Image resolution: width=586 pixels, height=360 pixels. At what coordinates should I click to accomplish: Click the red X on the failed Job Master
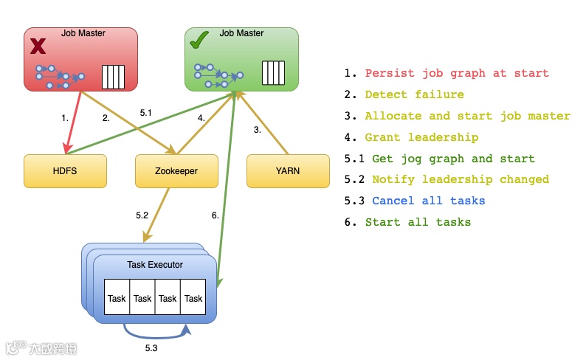(x=37, y=46)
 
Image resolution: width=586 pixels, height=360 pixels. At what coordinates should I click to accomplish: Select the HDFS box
(x=65, y=170)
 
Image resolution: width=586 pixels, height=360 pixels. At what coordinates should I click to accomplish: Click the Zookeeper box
(x=176, y=170)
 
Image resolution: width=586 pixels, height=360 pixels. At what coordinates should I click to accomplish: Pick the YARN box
(x=287, y=170)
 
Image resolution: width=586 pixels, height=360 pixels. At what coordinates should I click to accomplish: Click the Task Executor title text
(x=155, y=264)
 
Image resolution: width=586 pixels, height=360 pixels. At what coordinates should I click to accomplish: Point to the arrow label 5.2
(x=142, y=215)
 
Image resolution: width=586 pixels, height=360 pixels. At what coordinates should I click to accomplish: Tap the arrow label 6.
(x=215, y=215)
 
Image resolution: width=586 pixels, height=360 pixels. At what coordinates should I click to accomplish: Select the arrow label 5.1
(x=145, y=113)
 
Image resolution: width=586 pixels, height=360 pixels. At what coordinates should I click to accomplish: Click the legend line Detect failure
(x=414, y=94)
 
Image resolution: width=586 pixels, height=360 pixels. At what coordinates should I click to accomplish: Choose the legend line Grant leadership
(x=421, y=137)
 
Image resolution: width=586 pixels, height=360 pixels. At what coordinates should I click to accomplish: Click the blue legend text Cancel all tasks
(x=428, y=201)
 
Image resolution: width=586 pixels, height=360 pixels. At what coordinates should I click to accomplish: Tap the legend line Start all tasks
(x=418, y=222)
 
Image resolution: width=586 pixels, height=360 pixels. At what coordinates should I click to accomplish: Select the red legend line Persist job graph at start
(x=457, y=73)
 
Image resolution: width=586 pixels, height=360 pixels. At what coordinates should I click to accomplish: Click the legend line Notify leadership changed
(x=461, y=179)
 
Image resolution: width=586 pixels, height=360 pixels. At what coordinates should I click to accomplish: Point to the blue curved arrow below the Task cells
(x=156, y=331)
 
